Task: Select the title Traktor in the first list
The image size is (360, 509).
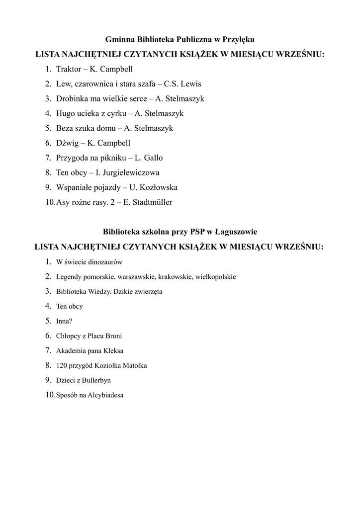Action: (69, 69)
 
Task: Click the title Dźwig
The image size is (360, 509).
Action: (67, 143)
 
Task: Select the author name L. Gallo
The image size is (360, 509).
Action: (149, 158)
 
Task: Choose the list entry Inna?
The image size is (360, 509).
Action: (64, 321)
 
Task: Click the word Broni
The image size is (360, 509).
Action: (113, 336)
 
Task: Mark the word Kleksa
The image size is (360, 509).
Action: (113, 351)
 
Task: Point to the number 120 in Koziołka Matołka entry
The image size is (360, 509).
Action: (61, 366)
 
